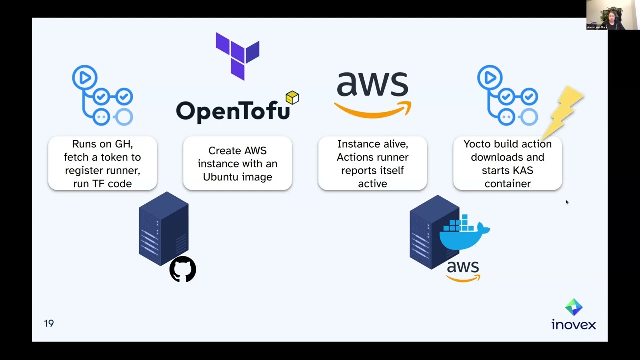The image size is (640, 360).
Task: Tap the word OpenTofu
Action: coord(233,111)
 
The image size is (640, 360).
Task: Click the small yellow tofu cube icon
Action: coord(292,97)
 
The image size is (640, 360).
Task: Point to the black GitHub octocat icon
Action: coord(183,269)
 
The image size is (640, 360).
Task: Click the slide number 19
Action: coord(49,323)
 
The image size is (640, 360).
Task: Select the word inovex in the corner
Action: coord(574,325)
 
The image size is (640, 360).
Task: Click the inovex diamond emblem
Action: coord(574,307)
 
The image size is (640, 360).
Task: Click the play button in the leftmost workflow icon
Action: coord(84,77)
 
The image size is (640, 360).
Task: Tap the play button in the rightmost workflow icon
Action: coord(489,77)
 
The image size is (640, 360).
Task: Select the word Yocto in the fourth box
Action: coord(477,144)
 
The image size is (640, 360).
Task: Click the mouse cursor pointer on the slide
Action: coord(566,202)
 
